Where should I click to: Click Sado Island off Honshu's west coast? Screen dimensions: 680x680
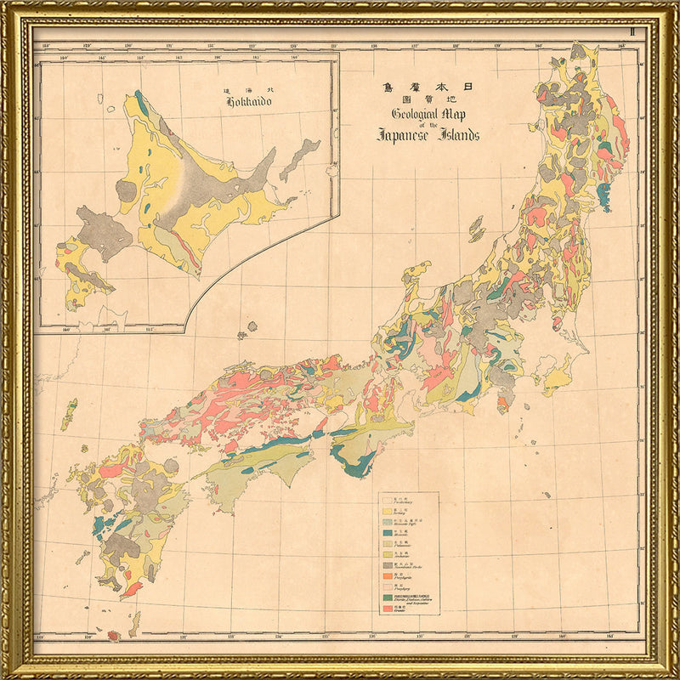pyautogui.click(x=476, y=229)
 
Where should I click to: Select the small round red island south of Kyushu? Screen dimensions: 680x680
pyautogui.click(x=114, y=635)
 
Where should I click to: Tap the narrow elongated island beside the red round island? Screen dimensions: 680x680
pyautogui.click(x=134, y=625)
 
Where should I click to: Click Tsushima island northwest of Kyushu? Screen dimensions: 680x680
pyautogui.click(x=69, y=414)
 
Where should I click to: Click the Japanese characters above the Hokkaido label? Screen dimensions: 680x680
pyautogui.click(x=248, y=89)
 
